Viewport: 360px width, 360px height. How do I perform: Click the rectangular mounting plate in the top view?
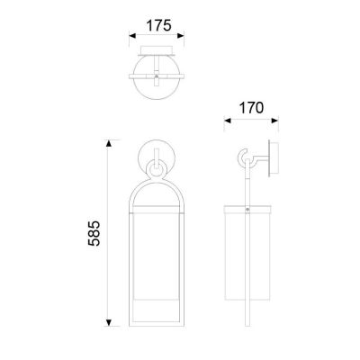[x=157, y=52]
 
